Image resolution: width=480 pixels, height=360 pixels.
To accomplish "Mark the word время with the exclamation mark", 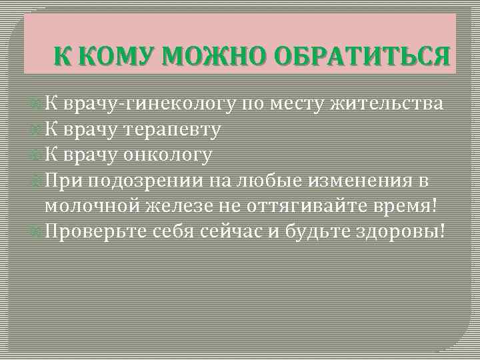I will pos(406,206).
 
